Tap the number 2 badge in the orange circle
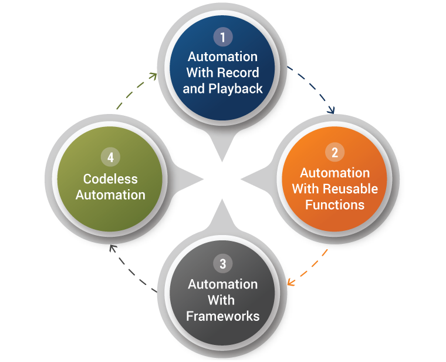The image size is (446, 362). click(334, 153)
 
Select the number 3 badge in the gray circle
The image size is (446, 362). click(222, 264)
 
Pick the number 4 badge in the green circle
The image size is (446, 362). click(110, 157)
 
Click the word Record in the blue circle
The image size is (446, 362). click(238, 73)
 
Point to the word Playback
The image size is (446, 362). click(235, 89)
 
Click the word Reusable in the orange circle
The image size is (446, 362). click(351, 189)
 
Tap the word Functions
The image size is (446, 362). click(334, 205)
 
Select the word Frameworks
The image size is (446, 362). click(222, 316)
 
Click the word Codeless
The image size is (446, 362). click(110, 178)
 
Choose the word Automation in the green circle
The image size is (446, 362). click(110, 194)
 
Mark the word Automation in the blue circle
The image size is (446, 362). click(222, 57)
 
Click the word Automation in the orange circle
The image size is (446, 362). click(334, 173)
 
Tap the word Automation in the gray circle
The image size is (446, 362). click(222, 284)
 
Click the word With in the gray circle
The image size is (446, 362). click(222, 300)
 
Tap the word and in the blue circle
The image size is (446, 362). click(193, 89)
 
